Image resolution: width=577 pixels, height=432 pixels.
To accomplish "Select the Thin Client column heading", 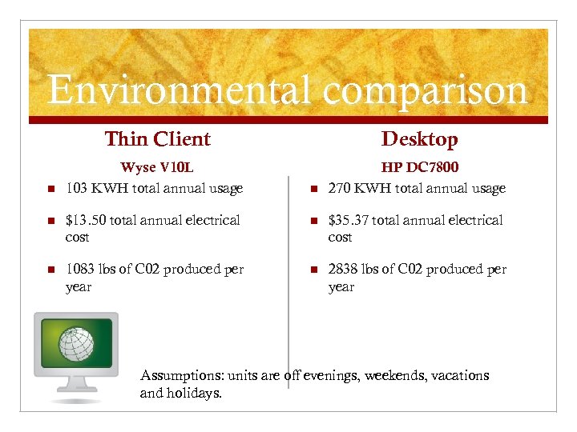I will click(157, 139).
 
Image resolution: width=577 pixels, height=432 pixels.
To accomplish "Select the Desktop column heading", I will click(419, 139).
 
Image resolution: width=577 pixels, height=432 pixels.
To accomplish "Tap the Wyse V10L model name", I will click(157, 168).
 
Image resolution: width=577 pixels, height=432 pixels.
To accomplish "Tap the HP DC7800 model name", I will click(420, 168).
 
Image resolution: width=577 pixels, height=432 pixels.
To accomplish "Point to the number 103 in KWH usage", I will click(77, 189).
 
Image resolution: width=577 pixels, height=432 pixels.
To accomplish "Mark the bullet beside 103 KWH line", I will click(50, 190).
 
